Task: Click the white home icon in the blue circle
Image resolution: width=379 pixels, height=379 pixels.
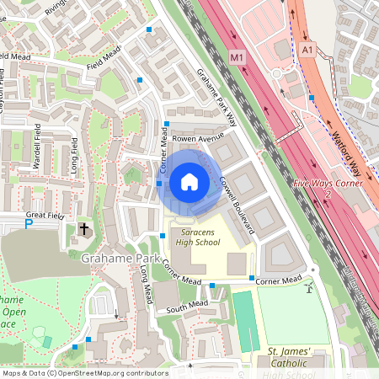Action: click(x=189, y=181)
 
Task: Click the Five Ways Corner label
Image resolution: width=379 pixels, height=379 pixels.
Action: click(x=328, y=183)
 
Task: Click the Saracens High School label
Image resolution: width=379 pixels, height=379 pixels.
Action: click(x=196, y=238)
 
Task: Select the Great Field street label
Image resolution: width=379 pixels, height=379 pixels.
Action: click(x=45, y=216)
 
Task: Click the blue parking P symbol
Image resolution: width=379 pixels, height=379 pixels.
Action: click(x=28, y=224)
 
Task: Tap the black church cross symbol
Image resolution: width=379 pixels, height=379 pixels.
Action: click(x=83, y=228)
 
